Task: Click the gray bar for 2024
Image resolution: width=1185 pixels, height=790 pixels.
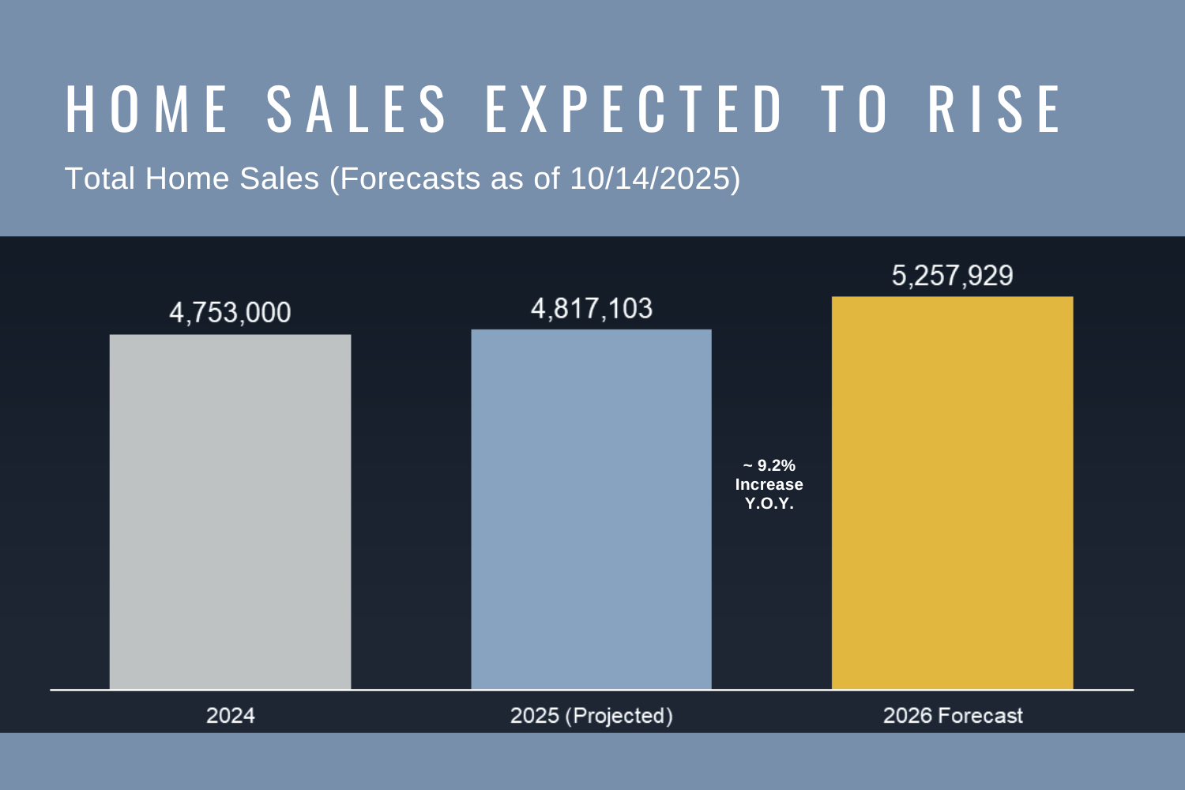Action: pyautogui.click(x=230, y=512)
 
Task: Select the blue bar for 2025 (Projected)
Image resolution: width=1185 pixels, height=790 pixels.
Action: pyautogui.click(x=591, y=510)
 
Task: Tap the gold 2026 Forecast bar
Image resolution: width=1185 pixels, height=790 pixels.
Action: pyautogui.click(x=952, y=493)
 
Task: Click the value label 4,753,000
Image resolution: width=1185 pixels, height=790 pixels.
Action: pyautogui.click(x=230, y=313)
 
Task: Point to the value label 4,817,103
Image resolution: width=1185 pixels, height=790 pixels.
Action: pyautogui.click(x=592, y=308)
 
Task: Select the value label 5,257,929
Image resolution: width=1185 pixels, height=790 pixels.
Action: pyautogui.click(x=952, y=276)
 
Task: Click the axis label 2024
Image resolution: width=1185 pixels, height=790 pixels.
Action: pyautogui.click(x=230, y=716)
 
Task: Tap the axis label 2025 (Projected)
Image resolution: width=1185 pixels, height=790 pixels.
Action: pyautogui.click(x=592, y=716)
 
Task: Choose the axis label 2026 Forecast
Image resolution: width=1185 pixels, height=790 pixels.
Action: pyautogui.click(x=953, y=716)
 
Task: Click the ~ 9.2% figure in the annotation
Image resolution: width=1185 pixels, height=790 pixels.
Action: pyautogui.click(x=769, y=465)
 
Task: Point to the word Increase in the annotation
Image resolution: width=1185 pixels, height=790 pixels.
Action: pyautogui.click(x=769, y=484)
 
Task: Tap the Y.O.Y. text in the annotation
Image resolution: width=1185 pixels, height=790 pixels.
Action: pyautogui.click(x=769, y=503)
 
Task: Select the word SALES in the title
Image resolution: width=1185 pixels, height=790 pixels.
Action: pyautogui.click(x=357, y=109)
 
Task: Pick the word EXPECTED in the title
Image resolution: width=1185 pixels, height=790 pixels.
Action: pyautogui.click(x=634, y=109)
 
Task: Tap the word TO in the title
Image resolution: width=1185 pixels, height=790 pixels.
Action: pyautogui.click(x=856, y=109)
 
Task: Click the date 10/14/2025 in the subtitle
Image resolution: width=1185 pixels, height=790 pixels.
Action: pyautogui.click(x=650, y=179)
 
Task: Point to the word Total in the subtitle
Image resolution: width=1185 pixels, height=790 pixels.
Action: pyautogui.click(x=100, y=179)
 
